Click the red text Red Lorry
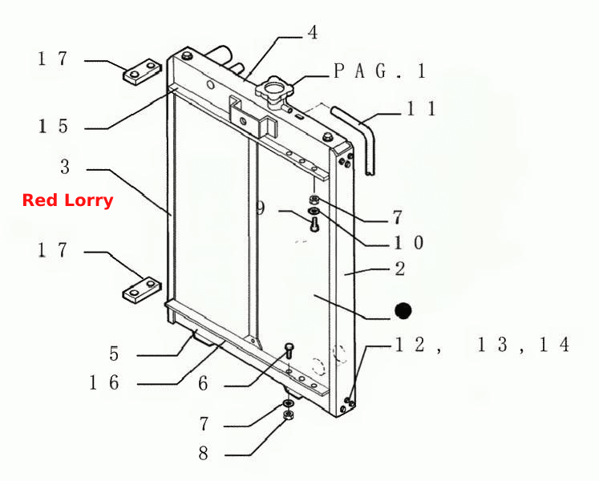click(67, 200)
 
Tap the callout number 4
click(313, 33)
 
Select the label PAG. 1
click(380, 71)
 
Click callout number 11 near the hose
click(421, 108)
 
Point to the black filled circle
click(403, 310)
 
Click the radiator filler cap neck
click(274, 91)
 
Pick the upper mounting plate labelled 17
click(142, 71)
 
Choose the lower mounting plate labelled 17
click(142, 290)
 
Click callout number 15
click(53, 127)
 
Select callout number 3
click(65, 167)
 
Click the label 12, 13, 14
click(482, 344)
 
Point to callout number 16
click(104, 382)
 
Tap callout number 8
click(203, 454)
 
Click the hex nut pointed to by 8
click(288, 415)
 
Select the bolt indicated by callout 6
click(289, 350)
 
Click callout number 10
click(409, 243)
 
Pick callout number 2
click(400, 269)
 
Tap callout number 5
click(114, 354)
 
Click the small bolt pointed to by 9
click(314, 224)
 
